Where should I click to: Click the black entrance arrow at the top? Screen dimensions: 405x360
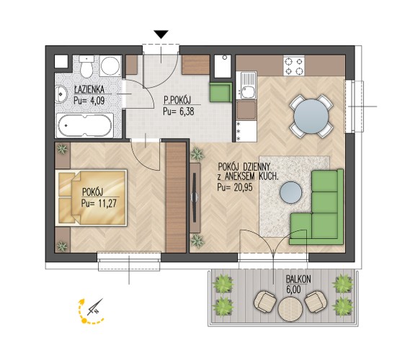161,34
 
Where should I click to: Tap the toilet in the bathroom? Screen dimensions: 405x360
86,66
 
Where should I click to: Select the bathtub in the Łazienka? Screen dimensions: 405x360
84,125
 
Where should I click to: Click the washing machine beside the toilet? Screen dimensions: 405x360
110,66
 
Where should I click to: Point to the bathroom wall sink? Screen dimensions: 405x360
61,94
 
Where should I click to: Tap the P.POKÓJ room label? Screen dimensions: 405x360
177,100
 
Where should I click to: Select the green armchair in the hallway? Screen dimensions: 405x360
221,92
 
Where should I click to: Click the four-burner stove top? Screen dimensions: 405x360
293,66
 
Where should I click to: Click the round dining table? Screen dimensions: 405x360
311,116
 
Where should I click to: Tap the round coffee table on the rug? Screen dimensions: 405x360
291,192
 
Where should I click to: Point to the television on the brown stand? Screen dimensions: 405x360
195,197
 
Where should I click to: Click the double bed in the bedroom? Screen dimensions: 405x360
91,198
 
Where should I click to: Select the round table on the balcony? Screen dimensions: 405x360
290,309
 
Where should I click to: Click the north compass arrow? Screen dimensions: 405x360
95,307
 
